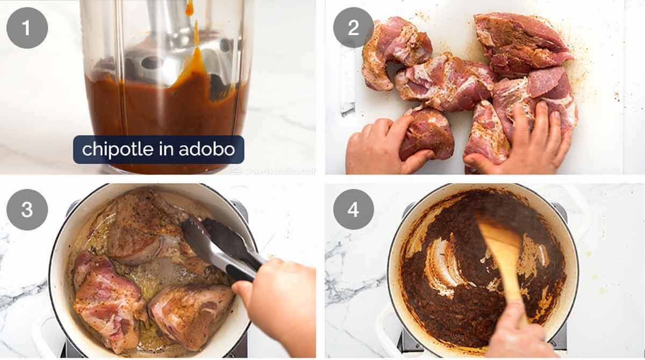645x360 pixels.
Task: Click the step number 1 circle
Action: coord(27,28)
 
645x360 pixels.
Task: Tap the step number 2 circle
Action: coord(353,28)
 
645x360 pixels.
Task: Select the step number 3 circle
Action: coord(27,210)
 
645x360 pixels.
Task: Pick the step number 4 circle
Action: coord(353,210)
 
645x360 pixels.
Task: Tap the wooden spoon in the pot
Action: coord(503,253)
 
